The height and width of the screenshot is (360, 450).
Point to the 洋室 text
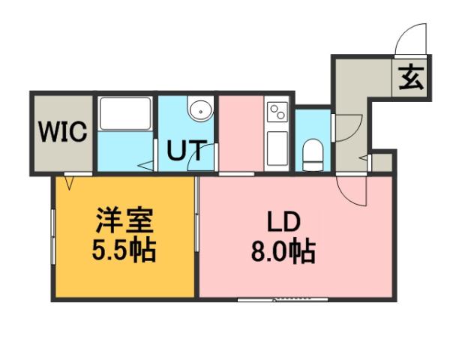[x=124, y=222]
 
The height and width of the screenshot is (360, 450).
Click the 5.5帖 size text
[x=124, y=250]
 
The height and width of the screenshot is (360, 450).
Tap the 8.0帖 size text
[x=283, y=250]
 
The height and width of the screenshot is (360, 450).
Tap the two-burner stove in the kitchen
[x=276, y=112]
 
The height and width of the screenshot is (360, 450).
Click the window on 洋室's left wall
[x=52, y=236]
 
